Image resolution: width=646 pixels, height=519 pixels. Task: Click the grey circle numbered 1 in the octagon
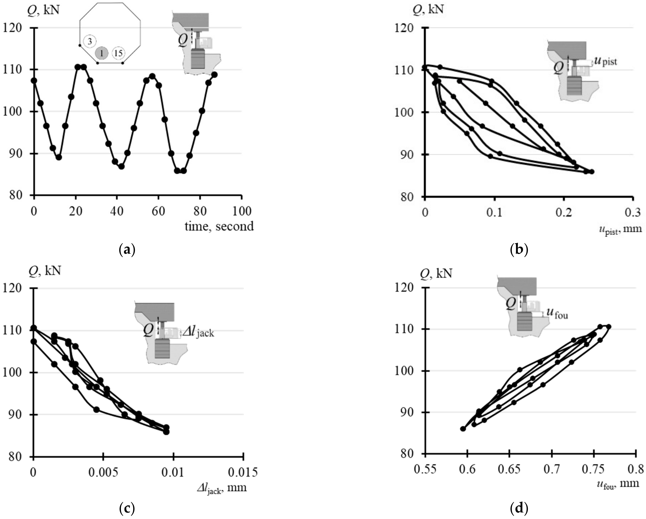pyautogui.click(x=102, y=53)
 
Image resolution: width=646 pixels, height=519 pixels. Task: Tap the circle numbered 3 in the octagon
pyautogui.click(x=89, y=41)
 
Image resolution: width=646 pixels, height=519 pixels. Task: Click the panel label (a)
pyautogui.click(x=127, y=249)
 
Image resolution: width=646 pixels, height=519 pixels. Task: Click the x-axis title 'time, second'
pyautogui.click(x=219, y=226)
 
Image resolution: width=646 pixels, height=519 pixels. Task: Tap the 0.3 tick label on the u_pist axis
pyautogui.click(x=633, y=212)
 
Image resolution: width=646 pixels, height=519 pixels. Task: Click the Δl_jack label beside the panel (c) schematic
pyautogui.click(x=198, y=332)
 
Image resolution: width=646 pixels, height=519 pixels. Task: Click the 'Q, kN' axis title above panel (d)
pyautogui.click(x=436, y=273)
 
